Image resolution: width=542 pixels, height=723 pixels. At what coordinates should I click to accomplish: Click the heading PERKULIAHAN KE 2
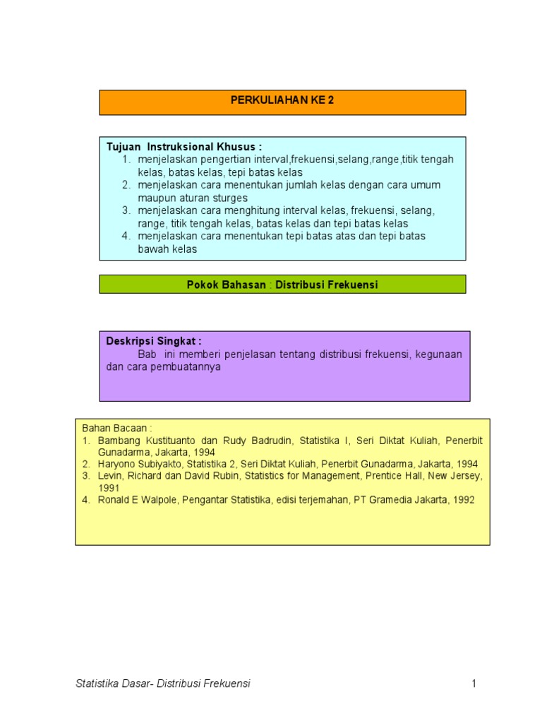[x=282, y=100]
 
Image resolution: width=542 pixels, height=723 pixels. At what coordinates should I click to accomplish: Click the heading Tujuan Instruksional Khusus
[x=183, y=147]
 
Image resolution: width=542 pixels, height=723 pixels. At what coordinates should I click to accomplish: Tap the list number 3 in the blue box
[x=126, y=210]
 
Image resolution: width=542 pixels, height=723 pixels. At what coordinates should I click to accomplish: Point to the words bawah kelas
[x=167, y=249]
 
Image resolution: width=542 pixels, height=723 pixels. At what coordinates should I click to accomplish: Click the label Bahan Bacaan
[x=117, y=428]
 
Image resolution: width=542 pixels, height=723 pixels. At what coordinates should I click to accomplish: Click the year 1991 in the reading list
[x=109, y=487]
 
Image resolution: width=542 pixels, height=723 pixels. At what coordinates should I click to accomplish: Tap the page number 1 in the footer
[x=475, y=683]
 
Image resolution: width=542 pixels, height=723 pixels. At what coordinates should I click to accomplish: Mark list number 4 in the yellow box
[x=85, y=499]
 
